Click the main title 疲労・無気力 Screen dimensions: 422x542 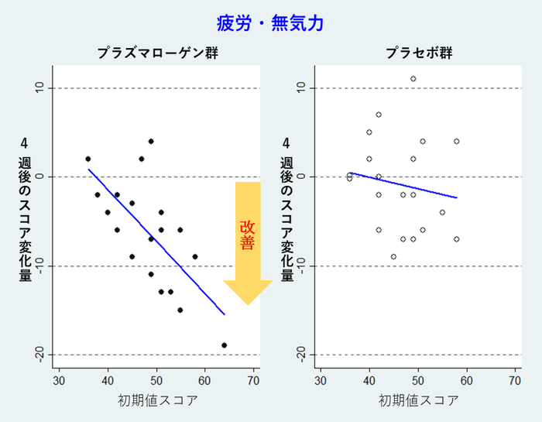coord(270,23)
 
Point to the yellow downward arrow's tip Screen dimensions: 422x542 coord(248,304)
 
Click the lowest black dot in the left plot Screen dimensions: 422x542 coord(224,345)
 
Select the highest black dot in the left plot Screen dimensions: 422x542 coord(151,142)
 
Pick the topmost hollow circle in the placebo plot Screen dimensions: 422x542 coord(413,78)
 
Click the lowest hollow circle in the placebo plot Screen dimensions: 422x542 coord(393,256)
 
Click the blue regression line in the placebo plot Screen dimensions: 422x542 coord(403,186)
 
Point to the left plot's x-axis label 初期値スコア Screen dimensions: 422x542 coord(157,400)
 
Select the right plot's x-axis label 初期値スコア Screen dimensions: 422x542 coord(419,400)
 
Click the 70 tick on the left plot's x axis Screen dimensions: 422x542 coord(253,380)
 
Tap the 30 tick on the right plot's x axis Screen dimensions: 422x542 coord(321,380)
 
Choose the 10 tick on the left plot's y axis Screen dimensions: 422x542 coord(39,87)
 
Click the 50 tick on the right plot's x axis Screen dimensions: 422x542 coord(418,380)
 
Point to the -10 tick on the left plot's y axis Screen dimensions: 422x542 coord(39,266)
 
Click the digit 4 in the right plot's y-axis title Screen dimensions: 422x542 coord(286,143)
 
